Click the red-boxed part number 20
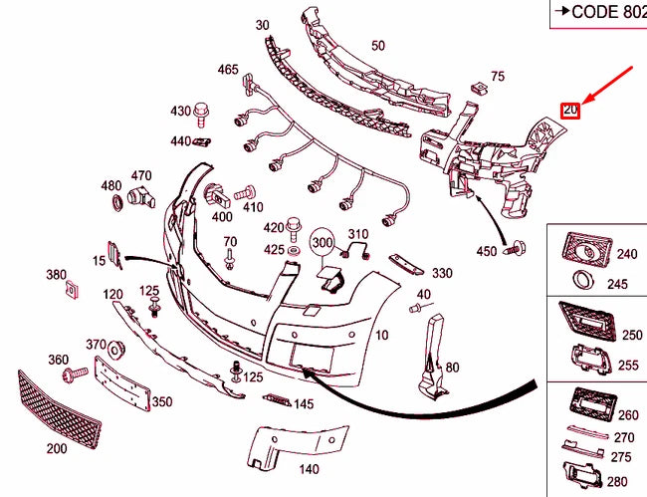(x=569, y=111)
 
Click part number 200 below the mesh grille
(x=56, y=448)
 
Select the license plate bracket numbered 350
(x=121, y=384)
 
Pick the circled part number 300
(x=322, y=241)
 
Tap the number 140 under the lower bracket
(x=309, y=469)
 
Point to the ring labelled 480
(x=116, y=203)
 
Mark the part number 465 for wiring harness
(x=227, y=70)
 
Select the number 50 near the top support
(x=377, y=45)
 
